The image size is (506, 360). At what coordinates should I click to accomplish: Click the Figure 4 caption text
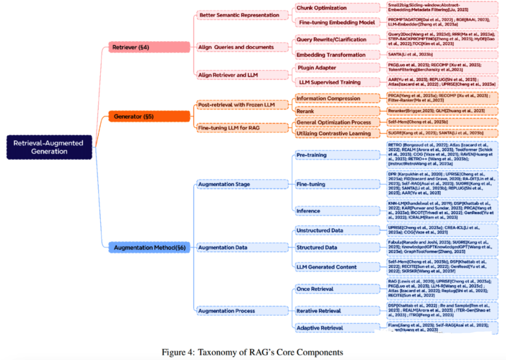point(252,352)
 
